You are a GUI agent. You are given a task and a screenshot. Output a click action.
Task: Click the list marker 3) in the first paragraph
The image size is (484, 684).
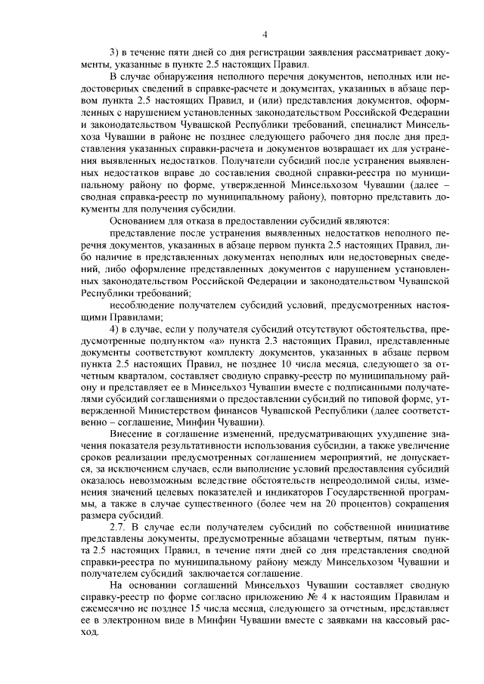(115, 51)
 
